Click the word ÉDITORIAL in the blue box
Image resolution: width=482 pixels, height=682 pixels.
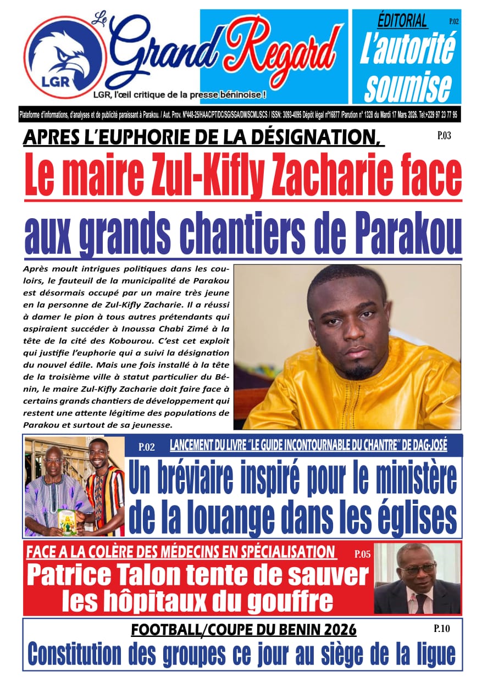point(402,21)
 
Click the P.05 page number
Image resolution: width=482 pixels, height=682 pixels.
point(362,554)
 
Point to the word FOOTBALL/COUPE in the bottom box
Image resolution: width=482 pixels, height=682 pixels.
point(188,629)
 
